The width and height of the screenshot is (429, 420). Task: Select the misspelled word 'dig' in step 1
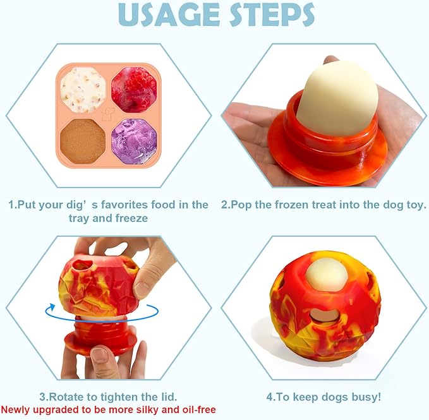78,205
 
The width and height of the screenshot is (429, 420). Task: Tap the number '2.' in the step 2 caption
226,205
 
